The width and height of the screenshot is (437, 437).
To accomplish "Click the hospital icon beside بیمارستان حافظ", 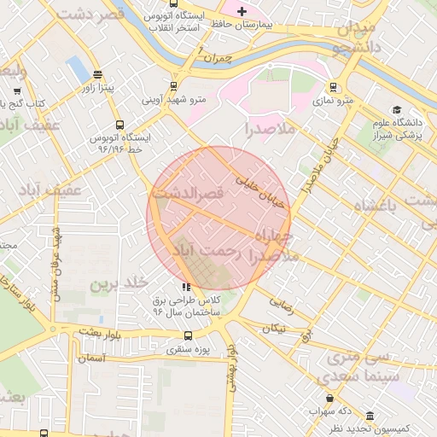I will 242,12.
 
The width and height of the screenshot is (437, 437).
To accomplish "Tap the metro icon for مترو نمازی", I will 333,86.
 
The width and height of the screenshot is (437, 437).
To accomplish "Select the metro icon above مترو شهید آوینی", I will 174,85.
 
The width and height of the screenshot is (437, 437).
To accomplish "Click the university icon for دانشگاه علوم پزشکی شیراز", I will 397,110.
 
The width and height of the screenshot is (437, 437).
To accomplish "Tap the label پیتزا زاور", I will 105,87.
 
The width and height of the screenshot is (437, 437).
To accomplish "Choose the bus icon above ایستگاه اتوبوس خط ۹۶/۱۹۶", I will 119,124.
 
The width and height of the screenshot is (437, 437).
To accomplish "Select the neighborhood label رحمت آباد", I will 208,251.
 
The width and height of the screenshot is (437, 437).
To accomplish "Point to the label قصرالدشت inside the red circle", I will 188,195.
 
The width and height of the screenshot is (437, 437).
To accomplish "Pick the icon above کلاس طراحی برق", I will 186,288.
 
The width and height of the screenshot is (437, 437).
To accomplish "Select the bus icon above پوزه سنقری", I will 189,335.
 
